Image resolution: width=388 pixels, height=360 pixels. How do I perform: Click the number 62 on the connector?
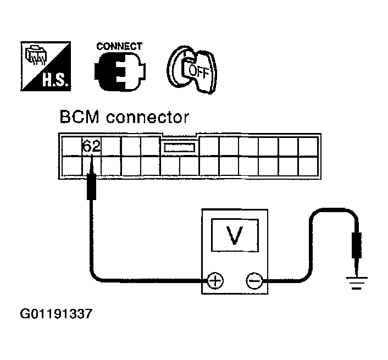pos(91,146)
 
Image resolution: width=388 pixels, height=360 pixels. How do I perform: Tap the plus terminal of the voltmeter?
pos(215,281)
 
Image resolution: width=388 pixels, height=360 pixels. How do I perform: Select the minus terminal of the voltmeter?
pos(254,281)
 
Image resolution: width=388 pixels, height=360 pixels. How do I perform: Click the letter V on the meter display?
pos(234,235)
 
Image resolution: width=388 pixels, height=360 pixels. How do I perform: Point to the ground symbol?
pos(357,283)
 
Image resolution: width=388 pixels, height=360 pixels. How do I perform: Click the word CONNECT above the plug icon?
pos(119,47)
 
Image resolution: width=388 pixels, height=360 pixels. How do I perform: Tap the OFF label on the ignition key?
pos(199,71)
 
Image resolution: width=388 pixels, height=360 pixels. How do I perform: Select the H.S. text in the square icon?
pos(55,80)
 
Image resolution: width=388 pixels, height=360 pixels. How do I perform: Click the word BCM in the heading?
pos(79,117)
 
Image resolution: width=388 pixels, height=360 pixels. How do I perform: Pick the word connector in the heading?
pos(148,118)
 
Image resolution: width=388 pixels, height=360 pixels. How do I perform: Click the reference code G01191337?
pos(56,314)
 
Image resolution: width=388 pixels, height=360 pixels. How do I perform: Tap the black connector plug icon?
pos(120,72)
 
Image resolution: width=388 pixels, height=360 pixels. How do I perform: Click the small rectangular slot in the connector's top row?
pos(179,148)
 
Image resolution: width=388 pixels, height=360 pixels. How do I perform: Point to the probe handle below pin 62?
pos(91,187)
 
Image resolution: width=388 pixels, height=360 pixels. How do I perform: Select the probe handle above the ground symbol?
pos(357,245)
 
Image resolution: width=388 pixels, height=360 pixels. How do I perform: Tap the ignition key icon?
pos(192,70)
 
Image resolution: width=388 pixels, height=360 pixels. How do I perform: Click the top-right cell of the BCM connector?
pos(308,147)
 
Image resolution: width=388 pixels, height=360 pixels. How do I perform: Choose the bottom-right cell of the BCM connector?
pos(308,167)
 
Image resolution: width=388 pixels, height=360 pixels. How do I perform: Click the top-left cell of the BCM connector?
pos(72,147)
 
